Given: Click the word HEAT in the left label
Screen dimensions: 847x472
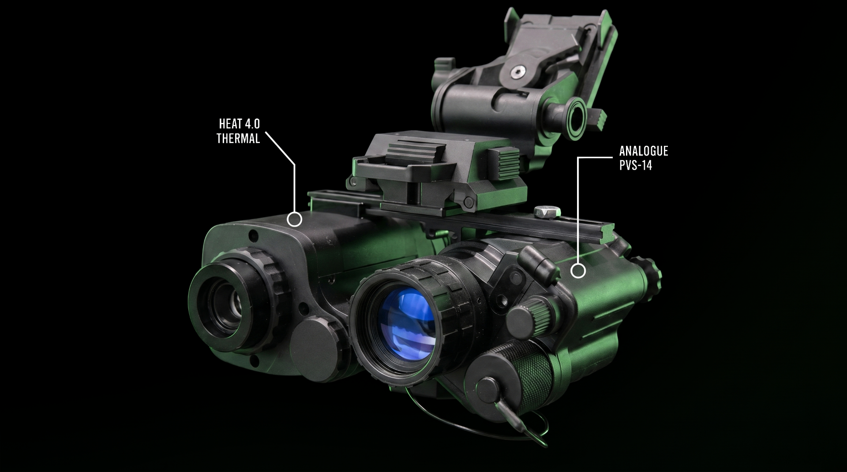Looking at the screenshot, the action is coord(229,124).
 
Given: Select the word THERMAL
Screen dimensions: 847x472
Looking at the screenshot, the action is coord(238,138).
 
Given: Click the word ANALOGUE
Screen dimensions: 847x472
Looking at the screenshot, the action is coord(644,151).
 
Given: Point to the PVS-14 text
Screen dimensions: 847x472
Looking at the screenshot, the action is coord(636,166).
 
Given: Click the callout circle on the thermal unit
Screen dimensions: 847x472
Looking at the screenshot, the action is coord(294,219).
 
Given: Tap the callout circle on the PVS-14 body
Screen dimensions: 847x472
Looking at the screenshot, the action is coord(578,271).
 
